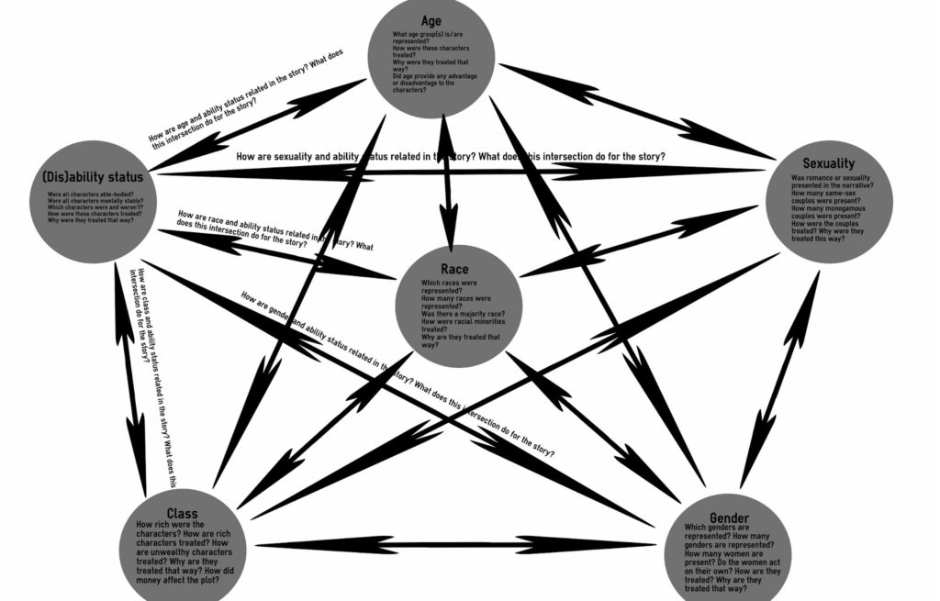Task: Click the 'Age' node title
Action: point(431,20)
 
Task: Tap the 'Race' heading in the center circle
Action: point(454,270)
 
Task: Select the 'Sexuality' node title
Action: point(828,163)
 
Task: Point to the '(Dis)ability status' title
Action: point(93,174)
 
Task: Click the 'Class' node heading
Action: point(182,513)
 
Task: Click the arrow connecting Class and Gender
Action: point(459,545)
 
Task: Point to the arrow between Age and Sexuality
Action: point(633,109)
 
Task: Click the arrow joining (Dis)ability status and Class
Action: point(129,376)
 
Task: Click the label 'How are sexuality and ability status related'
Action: point(450,157)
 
